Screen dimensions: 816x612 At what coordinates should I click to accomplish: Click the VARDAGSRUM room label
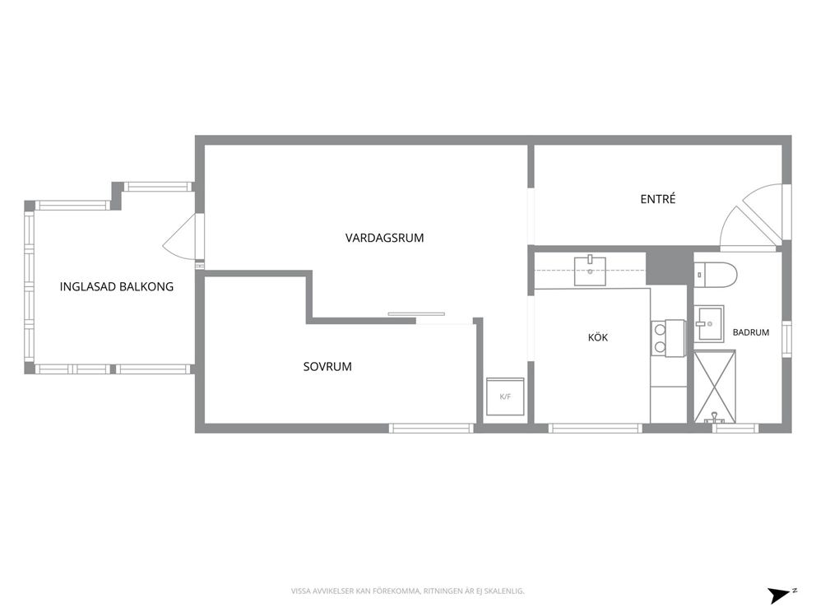click(385, 238)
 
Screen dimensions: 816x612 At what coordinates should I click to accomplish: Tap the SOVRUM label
click(327, 366)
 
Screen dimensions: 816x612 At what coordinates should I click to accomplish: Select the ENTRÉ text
click(658, 199)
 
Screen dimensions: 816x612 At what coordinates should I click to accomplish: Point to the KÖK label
click(598, 337)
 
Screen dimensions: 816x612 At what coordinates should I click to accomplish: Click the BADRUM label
click(750, 332)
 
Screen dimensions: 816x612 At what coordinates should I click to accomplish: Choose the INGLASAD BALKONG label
click(117, 287)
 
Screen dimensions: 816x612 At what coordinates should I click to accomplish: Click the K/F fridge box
click(505, 396)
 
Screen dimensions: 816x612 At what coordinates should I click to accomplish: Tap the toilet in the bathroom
click(716, 275)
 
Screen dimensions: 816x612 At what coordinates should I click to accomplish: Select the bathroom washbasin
click(709, 324)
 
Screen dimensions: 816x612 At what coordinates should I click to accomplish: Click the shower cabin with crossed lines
click(715, 387)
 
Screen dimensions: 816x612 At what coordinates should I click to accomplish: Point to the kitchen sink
click(590, 271)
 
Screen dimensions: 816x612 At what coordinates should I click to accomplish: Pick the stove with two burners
click(668, 338)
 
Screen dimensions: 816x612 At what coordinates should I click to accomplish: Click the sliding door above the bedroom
click(416, 313)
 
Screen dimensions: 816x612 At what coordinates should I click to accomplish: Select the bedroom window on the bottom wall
click(431, 429)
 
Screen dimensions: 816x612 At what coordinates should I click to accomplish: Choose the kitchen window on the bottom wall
click(596, 429)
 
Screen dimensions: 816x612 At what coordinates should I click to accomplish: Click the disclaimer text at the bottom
click(407, 591)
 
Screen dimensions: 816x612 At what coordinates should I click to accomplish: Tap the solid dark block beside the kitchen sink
click(666, 267)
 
